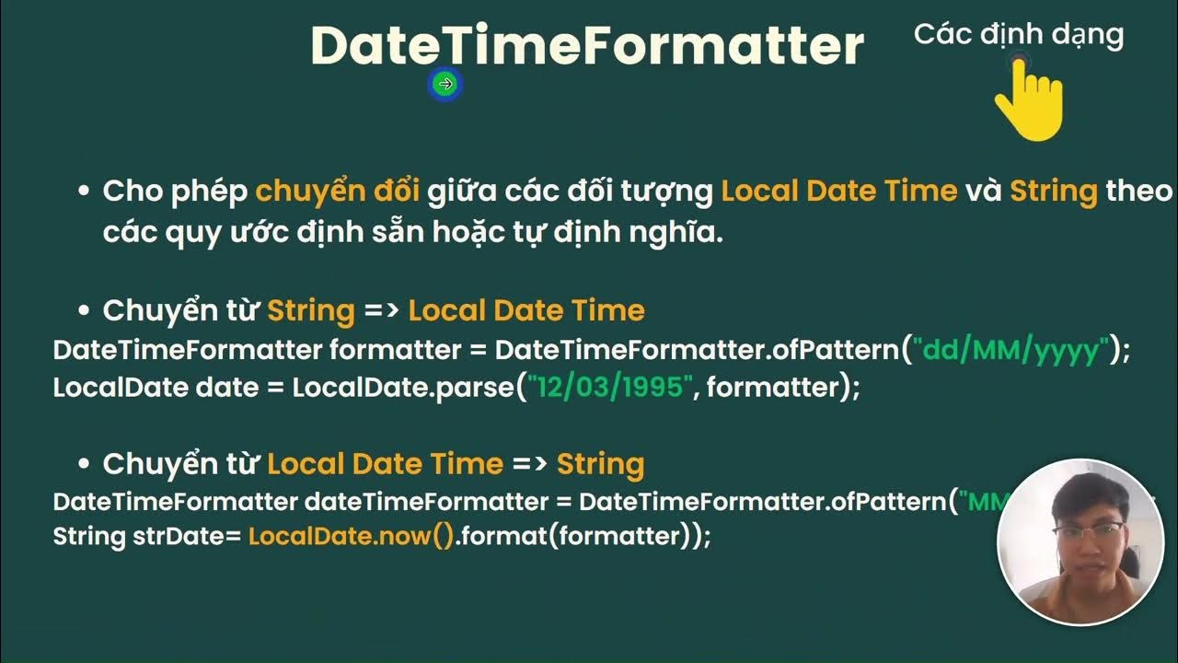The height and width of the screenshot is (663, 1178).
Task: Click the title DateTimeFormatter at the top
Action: click(x=587, y=45)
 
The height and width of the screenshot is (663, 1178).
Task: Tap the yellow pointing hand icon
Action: click(x=1030, y=101)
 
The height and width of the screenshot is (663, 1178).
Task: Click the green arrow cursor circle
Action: click(x=445, y=85)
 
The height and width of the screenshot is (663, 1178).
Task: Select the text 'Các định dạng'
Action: click(x=1018, y=35)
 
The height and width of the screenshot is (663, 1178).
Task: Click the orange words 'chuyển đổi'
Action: click(x=337, y=191)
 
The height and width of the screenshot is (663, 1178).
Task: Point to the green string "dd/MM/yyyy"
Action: click(x=1012, y=350)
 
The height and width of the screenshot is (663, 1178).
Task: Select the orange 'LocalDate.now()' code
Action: click(x=352, y=536)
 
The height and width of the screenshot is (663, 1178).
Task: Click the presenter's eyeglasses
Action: click(x=1089, y=531)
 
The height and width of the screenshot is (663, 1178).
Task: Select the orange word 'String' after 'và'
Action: click(x=1053, y=191)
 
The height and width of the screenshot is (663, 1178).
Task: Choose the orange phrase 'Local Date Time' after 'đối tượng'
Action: click(x=838, y=191)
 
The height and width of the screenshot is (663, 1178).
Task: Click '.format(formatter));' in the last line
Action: click(x=583, y=536)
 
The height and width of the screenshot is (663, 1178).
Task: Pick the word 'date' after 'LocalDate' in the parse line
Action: click(x=227, y=387)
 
